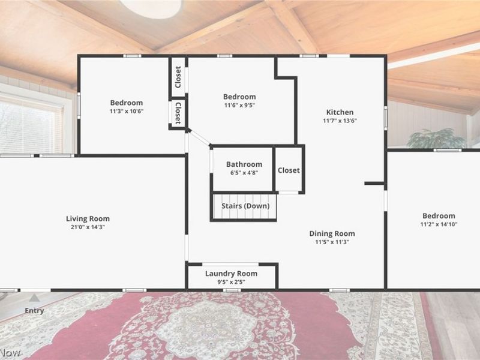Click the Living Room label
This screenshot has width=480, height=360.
pos(88,218)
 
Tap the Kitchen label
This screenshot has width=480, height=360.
pos(340,112)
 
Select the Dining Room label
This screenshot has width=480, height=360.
pos(332,233)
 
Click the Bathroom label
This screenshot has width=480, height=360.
pos(244,164)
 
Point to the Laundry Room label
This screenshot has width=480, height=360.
pos(231,274)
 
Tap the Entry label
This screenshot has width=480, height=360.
pos(34,310)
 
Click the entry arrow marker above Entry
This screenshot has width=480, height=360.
pos(35,298)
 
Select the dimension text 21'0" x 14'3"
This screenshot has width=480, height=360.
pos(88,227)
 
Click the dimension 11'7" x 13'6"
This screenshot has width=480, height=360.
pos(340,121)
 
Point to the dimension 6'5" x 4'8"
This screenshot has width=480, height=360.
pos(244,173)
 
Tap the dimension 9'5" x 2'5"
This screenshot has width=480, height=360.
pos(231,282)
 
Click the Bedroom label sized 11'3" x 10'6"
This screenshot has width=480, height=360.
pos(127,103)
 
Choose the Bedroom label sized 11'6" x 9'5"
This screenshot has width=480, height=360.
pos(239,97)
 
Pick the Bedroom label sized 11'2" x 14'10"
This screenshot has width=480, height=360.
pos(439,216)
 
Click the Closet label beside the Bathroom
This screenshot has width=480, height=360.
pos(289,170)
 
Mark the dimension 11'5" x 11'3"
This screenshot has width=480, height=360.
pos(332,242)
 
